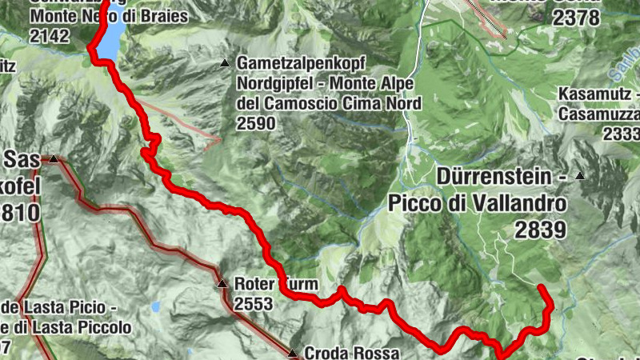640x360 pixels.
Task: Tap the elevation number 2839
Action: (540, 230)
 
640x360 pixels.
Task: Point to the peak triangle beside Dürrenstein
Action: (581, 176)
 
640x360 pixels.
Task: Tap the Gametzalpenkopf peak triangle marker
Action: (226, 63)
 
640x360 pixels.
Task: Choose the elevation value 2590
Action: (256, 123)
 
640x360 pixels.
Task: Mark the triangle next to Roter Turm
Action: (222, 284)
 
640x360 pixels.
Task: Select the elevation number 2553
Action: (254, 304)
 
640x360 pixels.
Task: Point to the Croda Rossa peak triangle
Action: (294, 352)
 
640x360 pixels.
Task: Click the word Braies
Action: (162, 17)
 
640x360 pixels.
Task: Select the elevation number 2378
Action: (570, 17)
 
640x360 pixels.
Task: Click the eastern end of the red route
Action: (542, 287)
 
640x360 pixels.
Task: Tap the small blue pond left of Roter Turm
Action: (155, 306)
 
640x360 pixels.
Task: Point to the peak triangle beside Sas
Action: (54, 159)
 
